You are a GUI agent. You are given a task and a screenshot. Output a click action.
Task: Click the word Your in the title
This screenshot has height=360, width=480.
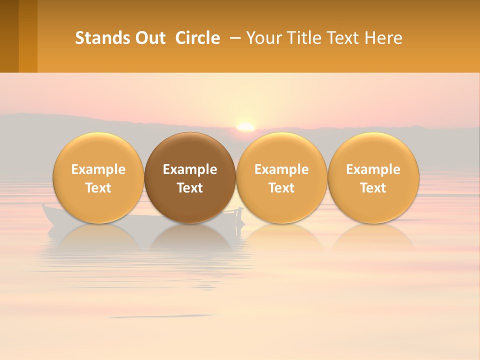[x=262, y=38]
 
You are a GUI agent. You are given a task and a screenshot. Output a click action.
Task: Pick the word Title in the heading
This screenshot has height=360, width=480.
[x=301, y=38]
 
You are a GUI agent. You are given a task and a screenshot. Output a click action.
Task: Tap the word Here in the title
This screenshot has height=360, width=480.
[x=384, y=38]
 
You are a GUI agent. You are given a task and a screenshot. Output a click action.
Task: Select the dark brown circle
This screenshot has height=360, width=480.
[x=190, y=177]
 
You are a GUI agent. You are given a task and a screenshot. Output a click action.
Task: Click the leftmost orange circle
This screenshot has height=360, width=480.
[x=98, y=177]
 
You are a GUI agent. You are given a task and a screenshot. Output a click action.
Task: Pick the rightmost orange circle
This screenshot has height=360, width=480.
[x=373, y=177]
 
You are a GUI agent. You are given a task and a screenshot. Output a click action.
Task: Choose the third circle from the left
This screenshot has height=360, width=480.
[x=281, y=177]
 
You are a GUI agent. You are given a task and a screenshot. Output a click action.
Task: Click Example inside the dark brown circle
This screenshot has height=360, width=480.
[x=190, y=169]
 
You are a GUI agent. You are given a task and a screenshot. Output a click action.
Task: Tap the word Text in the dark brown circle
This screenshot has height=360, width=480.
[x=190, y=188]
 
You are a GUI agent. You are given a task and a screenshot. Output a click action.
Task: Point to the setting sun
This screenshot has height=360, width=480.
[x=245, y=127]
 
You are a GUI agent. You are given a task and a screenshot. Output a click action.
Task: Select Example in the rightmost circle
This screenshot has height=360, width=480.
[x=373, y=169]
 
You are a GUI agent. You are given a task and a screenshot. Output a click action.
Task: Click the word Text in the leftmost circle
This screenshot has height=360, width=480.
[x=98, y=188]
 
